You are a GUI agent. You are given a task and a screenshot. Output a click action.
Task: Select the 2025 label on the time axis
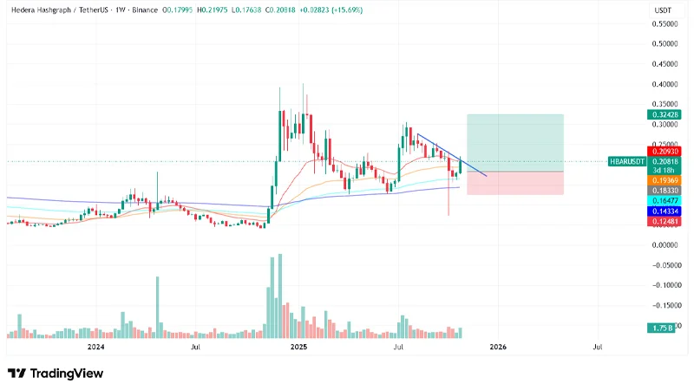point(298,347)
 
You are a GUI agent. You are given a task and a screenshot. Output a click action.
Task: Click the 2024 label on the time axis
point(95,347)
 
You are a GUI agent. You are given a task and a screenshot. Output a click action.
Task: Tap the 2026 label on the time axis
point(498,347)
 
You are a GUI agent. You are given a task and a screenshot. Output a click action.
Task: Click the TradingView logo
point(56,373)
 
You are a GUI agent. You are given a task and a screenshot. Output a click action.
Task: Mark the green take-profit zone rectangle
point(515,142)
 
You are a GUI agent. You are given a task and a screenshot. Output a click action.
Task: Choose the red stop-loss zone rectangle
point(515,182)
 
